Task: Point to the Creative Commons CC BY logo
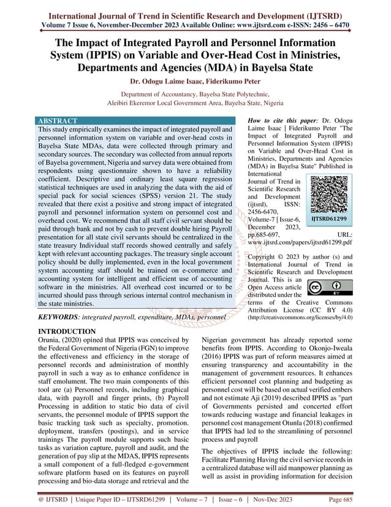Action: tap(324, 288)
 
